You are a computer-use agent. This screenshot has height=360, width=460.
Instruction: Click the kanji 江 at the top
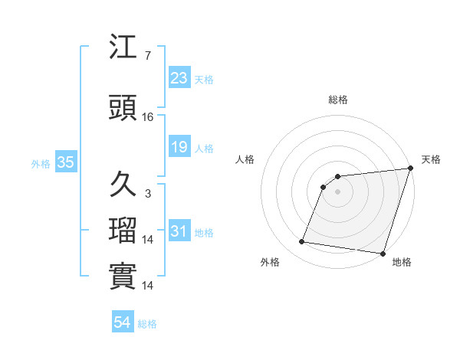coord(123,48)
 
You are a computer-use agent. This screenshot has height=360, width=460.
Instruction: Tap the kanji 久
coord(123,185)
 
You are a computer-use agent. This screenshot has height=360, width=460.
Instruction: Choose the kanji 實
coord(123,277)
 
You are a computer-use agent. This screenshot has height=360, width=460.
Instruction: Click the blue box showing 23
coord(179,78)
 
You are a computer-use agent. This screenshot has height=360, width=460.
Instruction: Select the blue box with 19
coord(179,147)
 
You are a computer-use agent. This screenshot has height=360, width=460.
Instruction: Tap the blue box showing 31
coord(179,231)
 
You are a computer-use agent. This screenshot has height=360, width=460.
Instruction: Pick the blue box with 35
coord(65,162)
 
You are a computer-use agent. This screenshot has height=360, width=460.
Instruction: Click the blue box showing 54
coord(123,323)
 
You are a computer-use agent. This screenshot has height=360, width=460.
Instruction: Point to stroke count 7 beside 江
coord(148,57)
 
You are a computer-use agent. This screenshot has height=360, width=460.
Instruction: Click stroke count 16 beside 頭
coord(148,117)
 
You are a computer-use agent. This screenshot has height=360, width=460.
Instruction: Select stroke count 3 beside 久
coord(148,194)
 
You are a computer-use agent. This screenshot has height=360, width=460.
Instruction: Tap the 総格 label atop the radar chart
coord(338,100)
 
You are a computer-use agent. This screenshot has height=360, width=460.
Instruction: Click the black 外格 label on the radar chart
coord(270,262)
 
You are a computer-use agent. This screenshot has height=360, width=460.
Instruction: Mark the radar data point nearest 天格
coord(410,169)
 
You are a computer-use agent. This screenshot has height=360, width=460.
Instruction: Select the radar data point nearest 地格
coord(383,254)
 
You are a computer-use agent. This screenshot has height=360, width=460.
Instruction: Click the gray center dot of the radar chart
coord(337,192)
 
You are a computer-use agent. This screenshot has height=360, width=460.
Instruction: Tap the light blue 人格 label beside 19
coord(204,149)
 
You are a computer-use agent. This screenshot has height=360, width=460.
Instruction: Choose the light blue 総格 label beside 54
coord(147,325)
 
